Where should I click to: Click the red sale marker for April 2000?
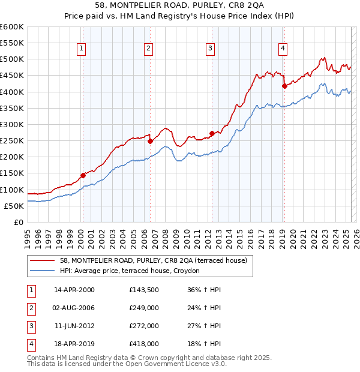(83, 175)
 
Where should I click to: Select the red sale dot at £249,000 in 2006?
(150, 141)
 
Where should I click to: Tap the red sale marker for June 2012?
(212, 133)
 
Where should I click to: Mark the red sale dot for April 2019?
(284, 86)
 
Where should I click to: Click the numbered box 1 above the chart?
(81, 49)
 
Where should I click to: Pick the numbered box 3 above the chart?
(210, 49)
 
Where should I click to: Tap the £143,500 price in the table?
(143, 289)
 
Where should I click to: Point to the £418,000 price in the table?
(143, 344)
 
